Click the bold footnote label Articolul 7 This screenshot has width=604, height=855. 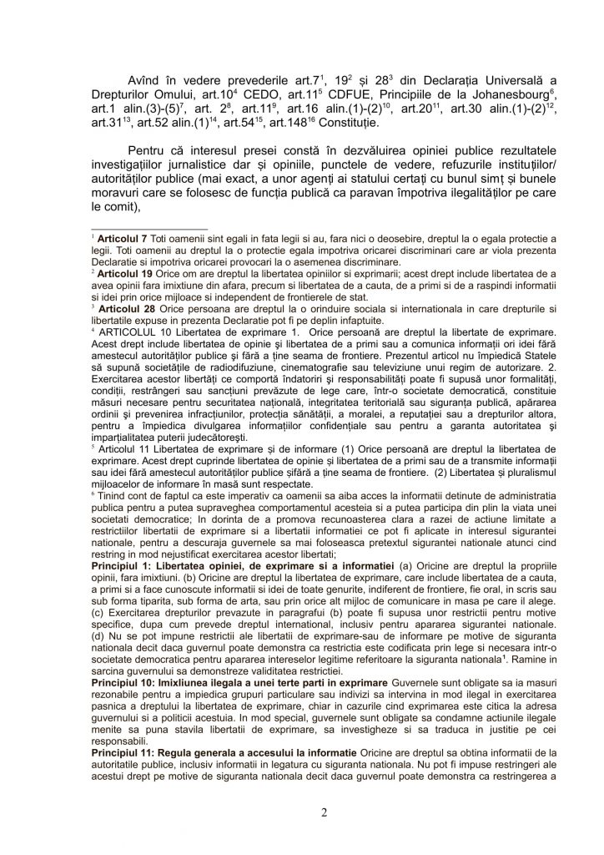[122, 240]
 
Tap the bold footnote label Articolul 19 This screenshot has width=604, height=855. [125, 273]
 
